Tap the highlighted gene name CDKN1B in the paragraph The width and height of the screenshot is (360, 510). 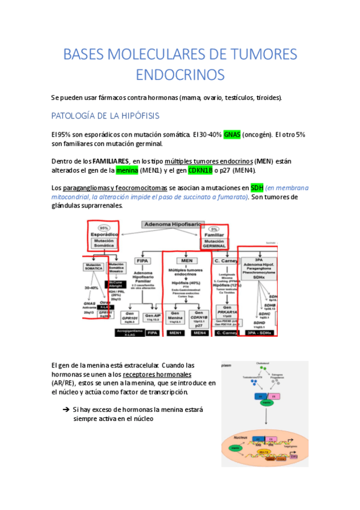point(203,171)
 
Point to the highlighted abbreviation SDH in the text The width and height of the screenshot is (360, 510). point(257,188)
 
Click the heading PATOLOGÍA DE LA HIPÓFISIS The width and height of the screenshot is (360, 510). point(105,115)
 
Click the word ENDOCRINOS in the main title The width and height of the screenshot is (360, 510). point(180,75)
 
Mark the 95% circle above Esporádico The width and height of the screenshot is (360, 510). point(104,229)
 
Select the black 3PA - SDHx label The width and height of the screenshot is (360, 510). point(260,332)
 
